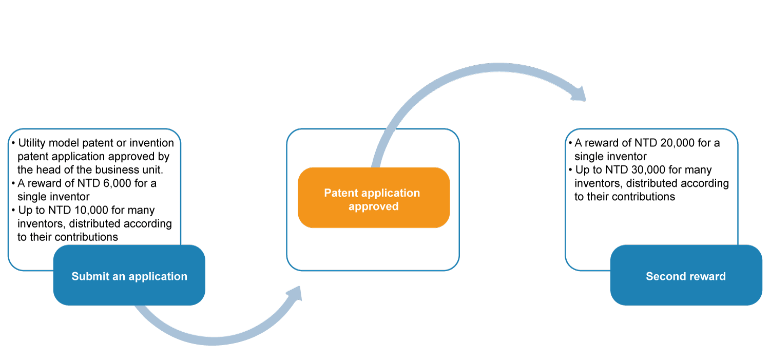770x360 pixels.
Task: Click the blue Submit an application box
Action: tap(129, 276)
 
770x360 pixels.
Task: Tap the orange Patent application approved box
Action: tap(374, 199)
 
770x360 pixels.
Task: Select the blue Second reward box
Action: tap(686, 276)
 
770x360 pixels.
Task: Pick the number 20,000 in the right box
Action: tap(672, 143)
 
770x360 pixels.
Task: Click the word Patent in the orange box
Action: tap(342, 193)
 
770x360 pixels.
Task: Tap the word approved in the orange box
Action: tap(373, 206)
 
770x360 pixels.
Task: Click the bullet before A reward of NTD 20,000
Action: tap(570, 143)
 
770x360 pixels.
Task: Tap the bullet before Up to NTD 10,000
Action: tap(13, 211)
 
